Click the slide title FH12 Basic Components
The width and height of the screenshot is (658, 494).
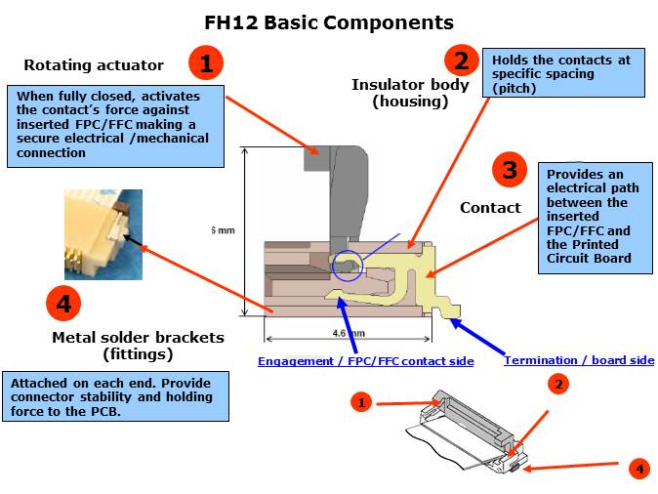coord(329,21)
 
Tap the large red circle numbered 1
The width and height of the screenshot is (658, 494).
coord(206,63)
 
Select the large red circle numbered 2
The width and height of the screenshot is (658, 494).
coord(461,61)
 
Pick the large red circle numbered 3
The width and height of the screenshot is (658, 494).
coord(510,171)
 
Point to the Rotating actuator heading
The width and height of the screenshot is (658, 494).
coord(94,65)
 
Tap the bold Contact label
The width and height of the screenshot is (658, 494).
coord(490,207)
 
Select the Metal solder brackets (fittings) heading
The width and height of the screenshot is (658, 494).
coord(138,345)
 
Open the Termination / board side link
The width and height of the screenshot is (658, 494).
coord(579,360)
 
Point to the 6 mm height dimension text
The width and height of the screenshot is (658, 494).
coord(224,230)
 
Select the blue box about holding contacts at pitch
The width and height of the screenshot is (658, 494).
coord(561,73)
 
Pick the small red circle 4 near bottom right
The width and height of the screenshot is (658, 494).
coord(639,469)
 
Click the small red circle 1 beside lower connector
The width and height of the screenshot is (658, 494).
coord(361,402)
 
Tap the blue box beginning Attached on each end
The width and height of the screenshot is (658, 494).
coord(116,396)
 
